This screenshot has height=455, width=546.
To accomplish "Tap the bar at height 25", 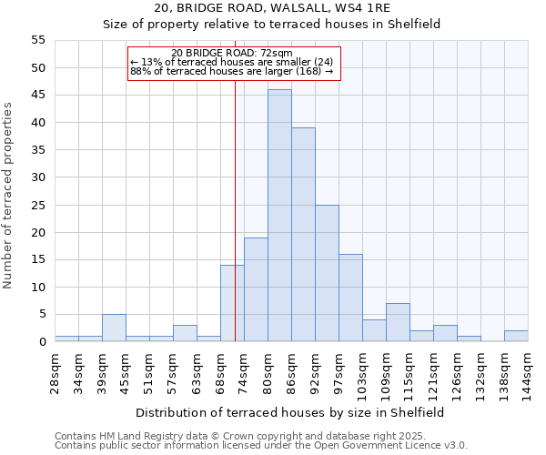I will (327, 273).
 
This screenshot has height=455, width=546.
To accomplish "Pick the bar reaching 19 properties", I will (256, 289).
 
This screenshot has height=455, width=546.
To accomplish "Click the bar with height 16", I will (350, 298).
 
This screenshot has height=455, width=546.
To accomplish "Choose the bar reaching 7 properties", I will (398, 322).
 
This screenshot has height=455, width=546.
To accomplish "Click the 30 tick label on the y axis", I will (38, 177).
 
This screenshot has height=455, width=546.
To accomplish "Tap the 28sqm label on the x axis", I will (55, 371).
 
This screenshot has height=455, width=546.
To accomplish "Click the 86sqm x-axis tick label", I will (291, 371).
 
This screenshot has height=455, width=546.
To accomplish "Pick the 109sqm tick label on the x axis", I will (386, 373).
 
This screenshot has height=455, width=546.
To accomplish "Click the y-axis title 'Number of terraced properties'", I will (9, 195).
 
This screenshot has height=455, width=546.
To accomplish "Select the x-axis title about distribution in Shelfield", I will (289, 412).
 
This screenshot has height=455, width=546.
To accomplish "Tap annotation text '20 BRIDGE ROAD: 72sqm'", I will (232, 54).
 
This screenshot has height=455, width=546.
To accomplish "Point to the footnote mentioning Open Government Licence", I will (261, 445).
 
